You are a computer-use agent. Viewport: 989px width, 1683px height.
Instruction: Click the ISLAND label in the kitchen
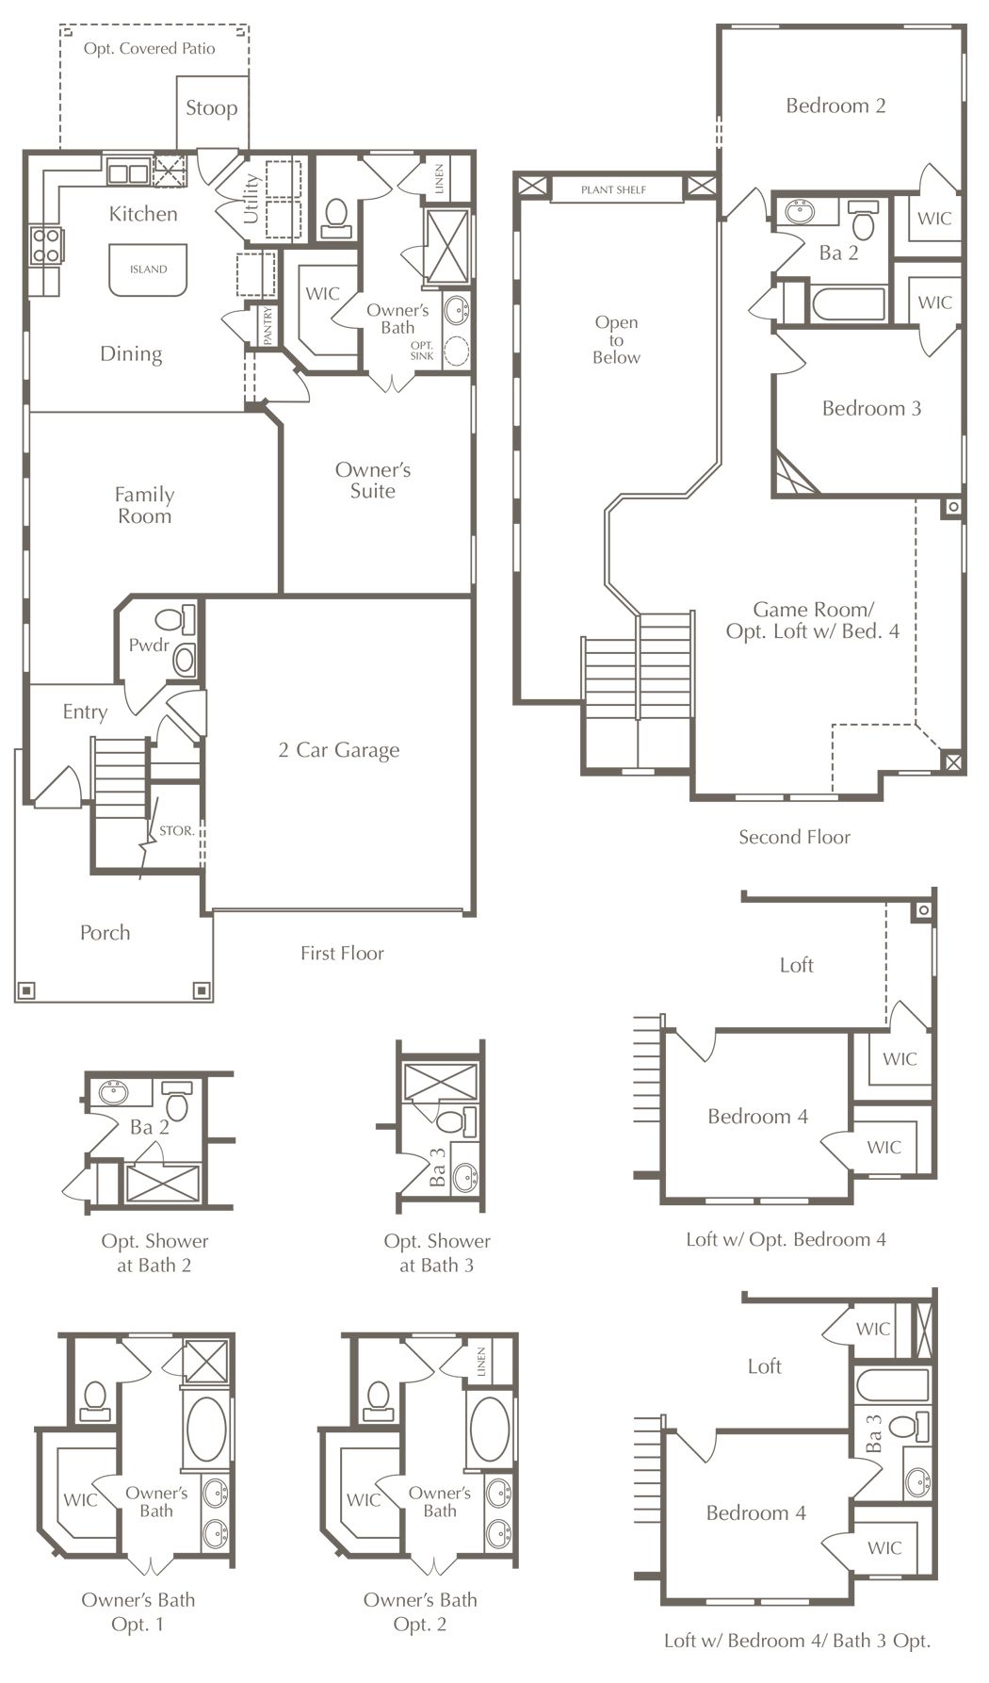tap(148, 270)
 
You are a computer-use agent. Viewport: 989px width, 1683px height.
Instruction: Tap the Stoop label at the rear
tap(211, 108)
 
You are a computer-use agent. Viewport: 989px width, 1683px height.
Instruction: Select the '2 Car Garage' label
tap(339, 750)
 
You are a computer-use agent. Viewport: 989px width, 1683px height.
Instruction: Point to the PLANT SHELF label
tap(613, 190)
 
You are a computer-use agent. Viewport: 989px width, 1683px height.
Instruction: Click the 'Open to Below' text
tap(616, 340)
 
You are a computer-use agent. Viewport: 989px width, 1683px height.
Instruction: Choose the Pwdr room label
tap(149, 645)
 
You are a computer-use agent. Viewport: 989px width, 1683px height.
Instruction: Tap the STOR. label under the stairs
tap(177, 831)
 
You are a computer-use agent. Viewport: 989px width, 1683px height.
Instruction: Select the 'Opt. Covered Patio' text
tap(150, 49)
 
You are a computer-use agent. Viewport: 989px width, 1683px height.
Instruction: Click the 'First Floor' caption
tap(342, 954)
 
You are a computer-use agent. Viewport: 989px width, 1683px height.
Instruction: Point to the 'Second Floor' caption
tap(794, 837)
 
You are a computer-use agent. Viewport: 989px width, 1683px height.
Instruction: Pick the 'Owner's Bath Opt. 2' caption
tap(420, 1611)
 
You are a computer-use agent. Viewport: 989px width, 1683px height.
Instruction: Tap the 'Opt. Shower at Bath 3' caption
tap(437, 1253)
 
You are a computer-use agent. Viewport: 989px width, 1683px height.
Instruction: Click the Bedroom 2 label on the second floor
tap(835, 106)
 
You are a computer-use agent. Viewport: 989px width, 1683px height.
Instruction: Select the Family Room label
tap(144, 505)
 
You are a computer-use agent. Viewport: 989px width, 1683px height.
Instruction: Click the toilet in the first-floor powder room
tap(173, 619)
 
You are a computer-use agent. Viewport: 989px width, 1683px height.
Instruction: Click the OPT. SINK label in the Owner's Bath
tap(422, 351)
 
